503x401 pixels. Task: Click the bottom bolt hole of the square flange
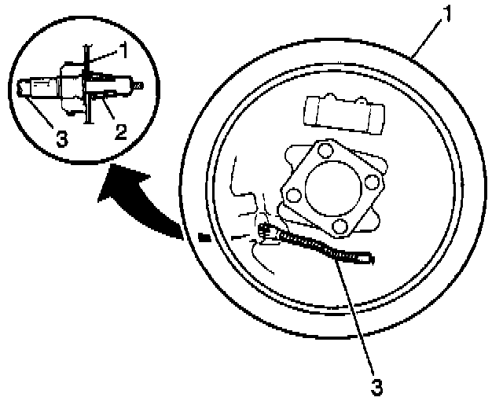coord(340,226)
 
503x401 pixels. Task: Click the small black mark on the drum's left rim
coord(204,234)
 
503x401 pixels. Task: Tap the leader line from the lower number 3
coord(358,315)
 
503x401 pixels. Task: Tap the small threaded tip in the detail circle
coord(138,83)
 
